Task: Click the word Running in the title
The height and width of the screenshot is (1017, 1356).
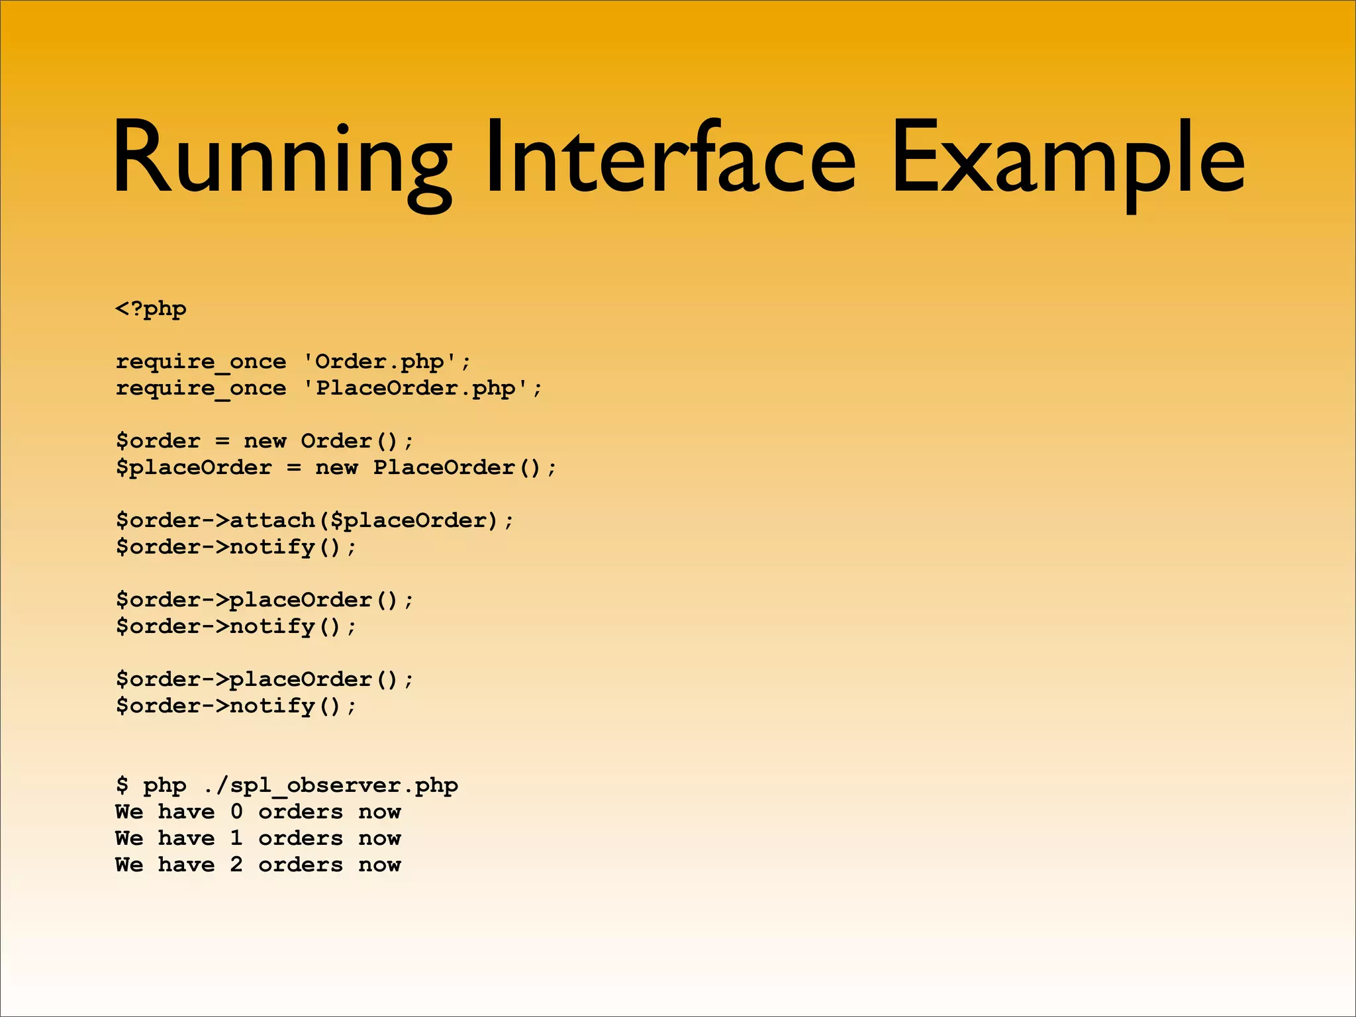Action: click(281, 159)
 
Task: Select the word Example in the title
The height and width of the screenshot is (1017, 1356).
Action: click(1067, 159)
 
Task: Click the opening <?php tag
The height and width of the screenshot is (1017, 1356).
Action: click(151, 309)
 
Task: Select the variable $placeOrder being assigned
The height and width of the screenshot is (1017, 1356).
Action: click(193, 467)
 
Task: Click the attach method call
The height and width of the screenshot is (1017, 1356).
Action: click(272, 520)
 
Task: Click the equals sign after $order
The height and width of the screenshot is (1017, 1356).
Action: click(222, 441)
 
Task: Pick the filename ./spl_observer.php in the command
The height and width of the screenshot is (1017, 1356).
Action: click(330, 785)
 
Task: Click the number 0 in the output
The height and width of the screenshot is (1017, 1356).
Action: click(236, 812)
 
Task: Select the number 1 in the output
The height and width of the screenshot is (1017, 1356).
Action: click(236, 838)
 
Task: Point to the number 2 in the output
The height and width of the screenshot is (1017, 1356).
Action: click(236, 865)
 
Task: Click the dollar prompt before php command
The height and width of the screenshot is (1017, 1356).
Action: click(122, 785)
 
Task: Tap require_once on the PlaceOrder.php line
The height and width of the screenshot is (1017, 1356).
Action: click(201, 388)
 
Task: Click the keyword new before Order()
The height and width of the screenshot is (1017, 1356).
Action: click(265, 441)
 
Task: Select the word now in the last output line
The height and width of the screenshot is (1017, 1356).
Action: click(379, 865)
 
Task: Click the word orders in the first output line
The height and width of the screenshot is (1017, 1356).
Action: click(301, 812)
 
